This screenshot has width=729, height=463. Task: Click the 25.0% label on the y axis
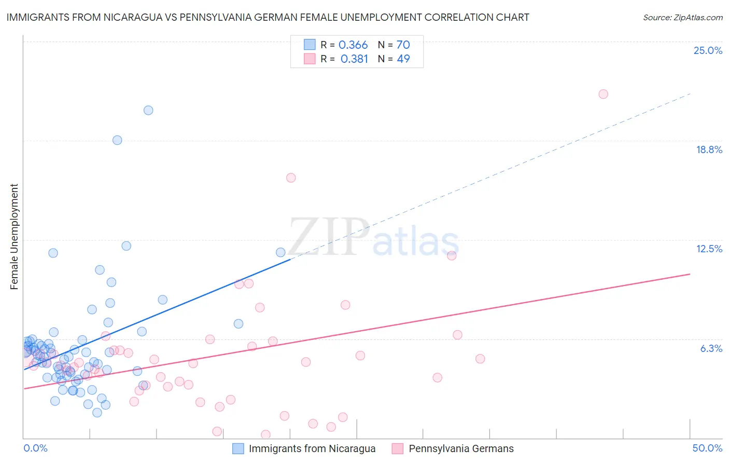[x=708, y=50]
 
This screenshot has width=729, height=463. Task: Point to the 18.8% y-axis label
[x=709, y=149]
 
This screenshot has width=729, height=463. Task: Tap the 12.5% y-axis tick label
[x=709, y=249]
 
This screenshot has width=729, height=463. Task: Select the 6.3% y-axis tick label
[x=711, y=348]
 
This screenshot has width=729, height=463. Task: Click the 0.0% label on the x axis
[x=35, y=448]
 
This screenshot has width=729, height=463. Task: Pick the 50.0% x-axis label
[x=707, y=448]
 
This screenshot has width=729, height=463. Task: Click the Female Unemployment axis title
[x=14, y=237]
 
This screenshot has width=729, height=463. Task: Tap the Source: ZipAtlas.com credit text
[x=682, y=18]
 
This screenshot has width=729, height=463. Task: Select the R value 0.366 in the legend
[x=353, y=45]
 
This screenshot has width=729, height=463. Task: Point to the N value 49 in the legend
[x=403, y=59]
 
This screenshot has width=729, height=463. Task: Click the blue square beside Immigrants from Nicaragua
[x=238, y=448]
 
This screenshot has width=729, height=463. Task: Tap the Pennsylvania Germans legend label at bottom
[x=461, y=448]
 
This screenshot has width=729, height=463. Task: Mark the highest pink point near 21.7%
[x=603, y=94]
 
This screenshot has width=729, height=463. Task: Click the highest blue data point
[x=148, y=110]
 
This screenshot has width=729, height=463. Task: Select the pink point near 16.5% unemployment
[x=291, y=178]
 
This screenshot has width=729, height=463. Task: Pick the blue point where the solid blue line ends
[x=281, y=252]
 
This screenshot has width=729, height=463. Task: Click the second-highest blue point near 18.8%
[x=117, y=140]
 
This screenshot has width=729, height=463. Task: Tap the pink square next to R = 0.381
[x=310, y=59]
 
